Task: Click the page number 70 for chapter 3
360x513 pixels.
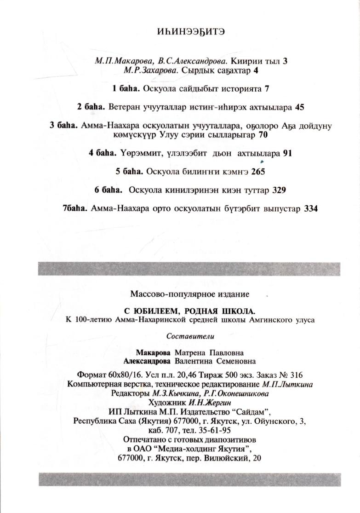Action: pos(263,135)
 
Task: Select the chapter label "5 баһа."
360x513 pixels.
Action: pos(130,172)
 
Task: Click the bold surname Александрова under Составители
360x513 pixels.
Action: pos(147,361)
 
